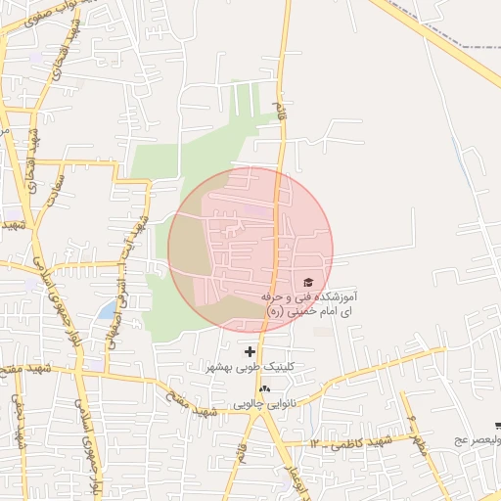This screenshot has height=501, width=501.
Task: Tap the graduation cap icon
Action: click(308, 282)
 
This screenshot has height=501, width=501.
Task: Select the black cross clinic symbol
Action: click(250, 351)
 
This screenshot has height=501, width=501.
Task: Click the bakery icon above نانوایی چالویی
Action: click(264, 388)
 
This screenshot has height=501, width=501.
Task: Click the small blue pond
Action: click(106, 311)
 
